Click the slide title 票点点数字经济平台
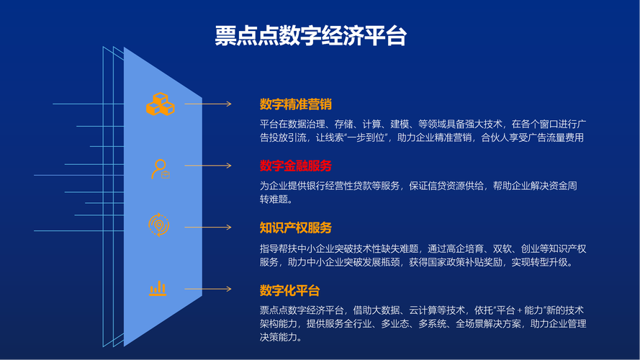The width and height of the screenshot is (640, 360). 310,36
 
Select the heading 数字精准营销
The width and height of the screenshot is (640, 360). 295,104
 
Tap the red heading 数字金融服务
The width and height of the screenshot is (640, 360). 295,166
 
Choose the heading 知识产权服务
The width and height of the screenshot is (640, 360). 295,228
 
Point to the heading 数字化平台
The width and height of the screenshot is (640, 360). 290,291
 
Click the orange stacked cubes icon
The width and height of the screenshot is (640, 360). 161,104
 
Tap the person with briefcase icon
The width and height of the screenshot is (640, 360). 161,169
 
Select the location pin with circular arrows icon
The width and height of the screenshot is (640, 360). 159,225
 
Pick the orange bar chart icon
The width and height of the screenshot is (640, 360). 158,289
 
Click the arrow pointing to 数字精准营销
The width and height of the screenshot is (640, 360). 208,104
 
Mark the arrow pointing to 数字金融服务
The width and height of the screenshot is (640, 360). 208,166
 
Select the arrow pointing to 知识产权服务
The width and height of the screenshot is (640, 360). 208,228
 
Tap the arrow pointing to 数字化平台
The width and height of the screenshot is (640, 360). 208,289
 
